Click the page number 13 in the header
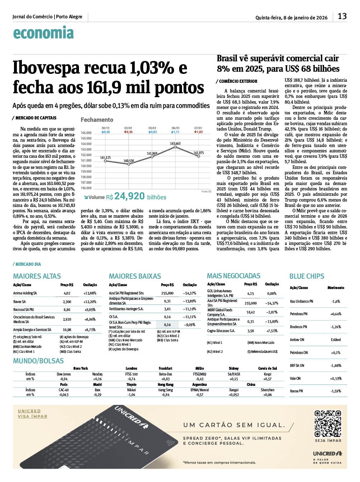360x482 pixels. coord(342,16)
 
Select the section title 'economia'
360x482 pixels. coord(43,33)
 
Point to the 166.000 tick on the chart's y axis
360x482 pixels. coord(86,133)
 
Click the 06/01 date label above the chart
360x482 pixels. coord(176,128)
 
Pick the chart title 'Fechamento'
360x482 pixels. coord(97,120)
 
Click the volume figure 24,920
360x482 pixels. coord(130,196)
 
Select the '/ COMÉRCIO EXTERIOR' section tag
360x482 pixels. coord(237,81)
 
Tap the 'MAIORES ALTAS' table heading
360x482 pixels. coord(37,276)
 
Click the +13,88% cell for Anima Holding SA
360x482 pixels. coord(90,293)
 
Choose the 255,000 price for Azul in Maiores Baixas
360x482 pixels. coord(167,293)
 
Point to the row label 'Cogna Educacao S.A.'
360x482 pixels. coord(221,331)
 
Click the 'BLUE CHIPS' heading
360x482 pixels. coord(307,276)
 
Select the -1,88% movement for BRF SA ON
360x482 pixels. coord(336,366)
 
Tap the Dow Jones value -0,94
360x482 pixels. coord(64,379)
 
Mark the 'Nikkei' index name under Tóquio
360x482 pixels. coord(131,390)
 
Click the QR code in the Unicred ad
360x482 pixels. coord(328,424)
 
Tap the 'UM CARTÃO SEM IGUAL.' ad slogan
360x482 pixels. coord(234,425)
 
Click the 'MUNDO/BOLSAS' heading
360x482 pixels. coord(38,361)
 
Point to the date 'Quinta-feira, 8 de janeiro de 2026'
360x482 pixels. coord(291,18)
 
